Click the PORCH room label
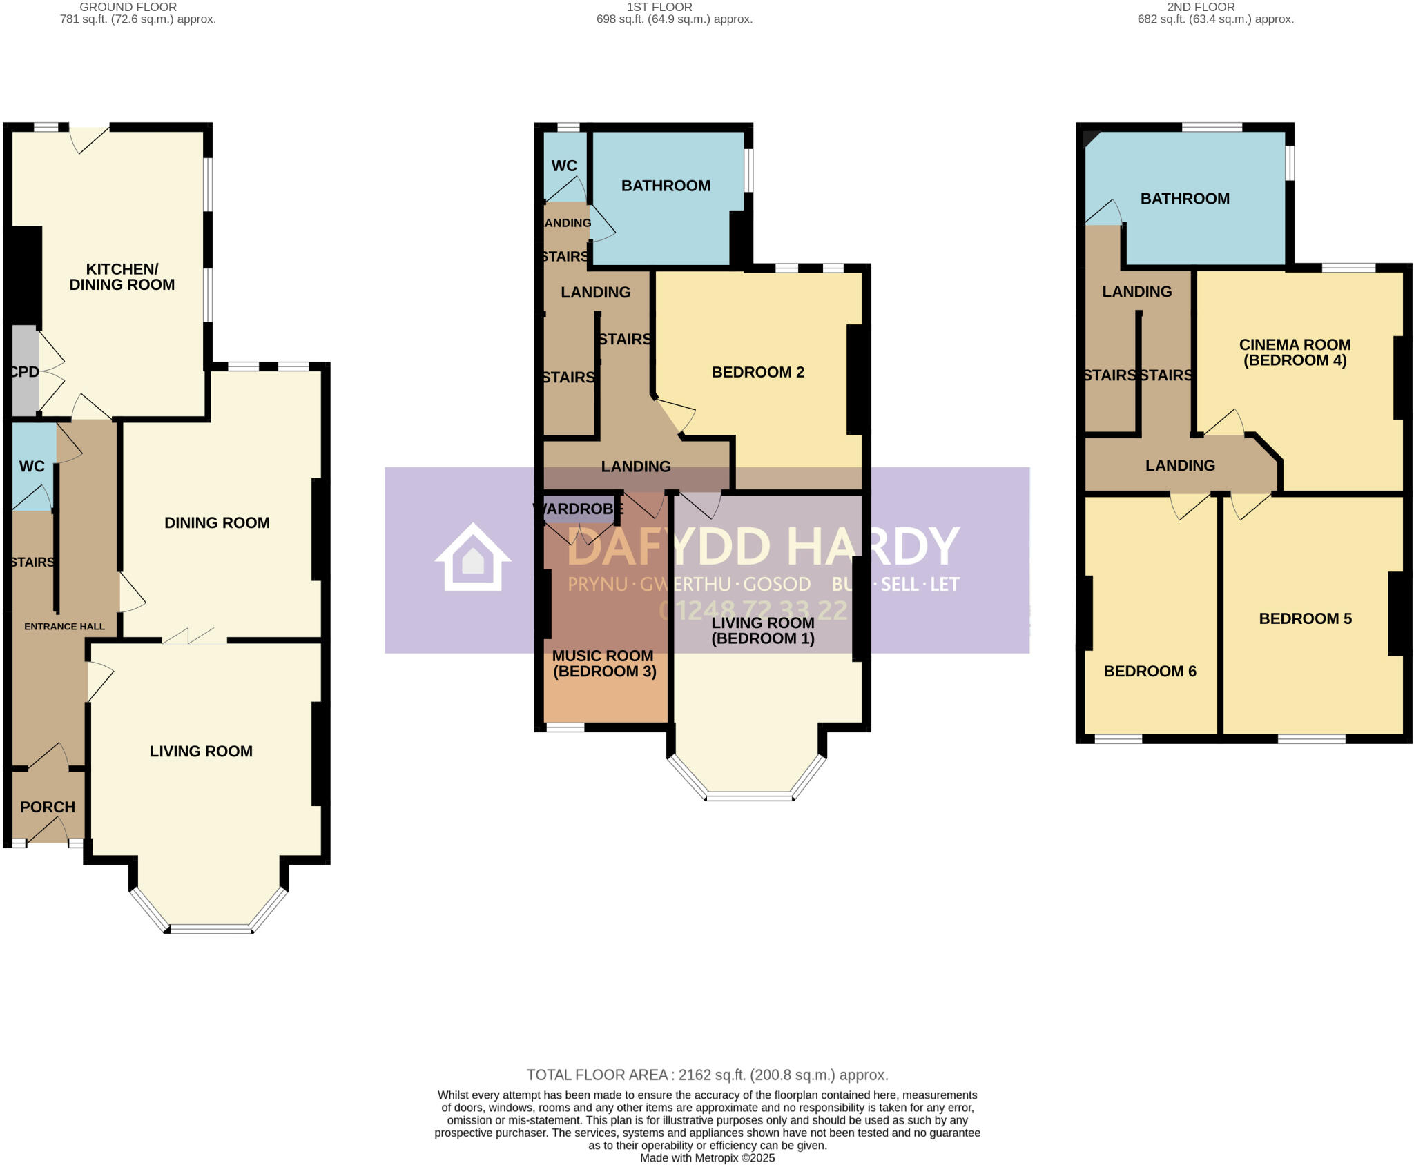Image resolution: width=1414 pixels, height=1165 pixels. pos(47,807)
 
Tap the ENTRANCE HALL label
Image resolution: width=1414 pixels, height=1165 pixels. pos(64,627)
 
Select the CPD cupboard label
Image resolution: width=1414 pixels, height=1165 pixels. pos(25,372)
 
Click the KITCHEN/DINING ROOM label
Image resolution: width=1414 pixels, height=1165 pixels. pos(122,277)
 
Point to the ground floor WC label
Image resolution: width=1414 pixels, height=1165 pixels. pos(32,467)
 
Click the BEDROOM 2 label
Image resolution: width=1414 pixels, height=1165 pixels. pos(757,373)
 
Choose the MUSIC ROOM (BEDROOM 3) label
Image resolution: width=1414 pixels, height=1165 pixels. pos(604,663)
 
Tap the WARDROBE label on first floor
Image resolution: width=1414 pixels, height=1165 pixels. pos(579,509)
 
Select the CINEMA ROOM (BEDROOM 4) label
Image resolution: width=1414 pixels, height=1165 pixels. pos(1295,352)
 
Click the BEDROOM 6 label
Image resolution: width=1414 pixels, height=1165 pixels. pos(1150,672)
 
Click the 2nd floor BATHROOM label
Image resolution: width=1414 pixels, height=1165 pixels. pos(1185,199)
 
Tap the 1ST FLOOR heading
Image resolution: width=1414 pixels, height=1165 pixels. pos(659,7)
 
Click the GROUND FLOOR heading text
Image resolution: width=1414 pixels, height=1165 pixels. pos(128,7)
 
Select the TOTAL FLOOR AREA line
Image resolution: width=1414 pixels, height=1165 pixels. pos(707,1075)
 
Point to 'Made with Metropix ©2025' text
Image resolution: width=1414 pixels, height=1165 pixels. pos(707,1158)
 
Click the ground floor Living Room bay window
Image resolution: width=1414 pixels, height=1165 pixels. pos(211,928)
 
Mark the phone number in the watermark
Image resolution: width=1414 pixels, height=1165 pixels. pos(753,611)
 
